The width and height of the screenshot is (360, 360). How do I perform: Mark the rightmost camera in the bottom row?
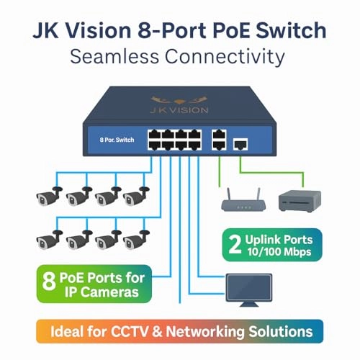click(x=135, y=239)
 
